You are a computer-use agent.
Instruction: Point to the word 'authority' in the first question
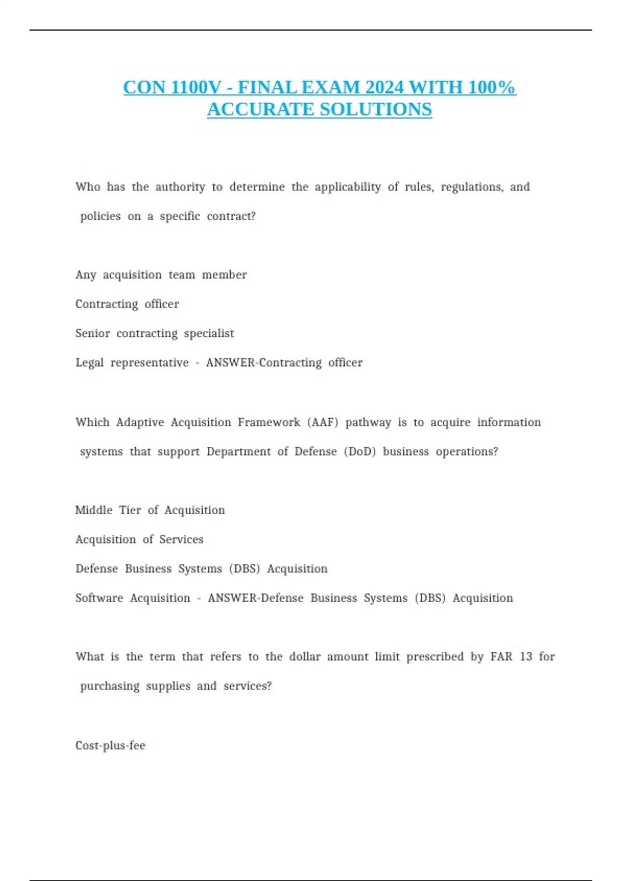click(x=180, y=187)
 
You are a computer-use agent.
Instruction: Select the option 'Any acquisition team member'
click(x=161, y=275)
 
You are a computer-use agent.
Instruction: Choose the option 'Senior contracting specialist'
click(x=154, y=333)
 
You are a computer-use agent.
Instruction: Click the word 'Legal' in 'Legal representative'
click(x=90, y=363)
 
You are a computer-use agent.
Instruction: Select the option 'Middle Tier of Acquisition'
click(x=150, y=510)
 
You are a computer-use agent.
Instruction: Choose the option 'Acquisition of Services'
click(x=139, y=539)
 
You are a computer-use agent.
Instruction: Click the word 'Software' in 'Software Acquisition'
click(x=99, y=598)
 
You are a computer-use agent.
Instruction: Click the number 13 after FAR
click(x=526, y=657)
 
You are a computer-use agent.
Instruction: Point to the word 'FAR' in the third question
click(x=501, y=657)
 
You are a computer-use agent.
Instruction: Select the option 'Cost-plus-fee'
click(x=110, y=746)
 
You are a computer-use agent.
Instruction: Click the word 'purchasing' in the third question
click(x=110, y=686)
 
